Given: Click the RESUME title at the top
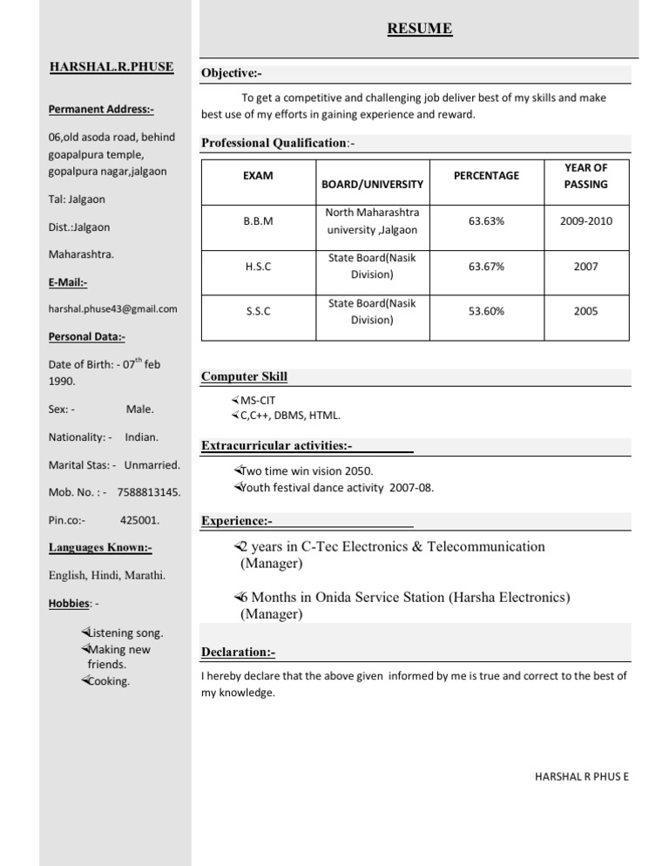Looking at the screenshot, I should [x=420, y=30].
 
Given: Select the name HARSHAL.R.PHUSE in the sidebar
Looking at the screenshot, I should [x=111, y=66].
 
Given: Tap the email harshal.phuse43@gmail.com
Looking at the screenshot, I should [x=113, y=308].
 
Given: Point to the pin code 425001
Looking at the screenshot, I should [x=139, y=520].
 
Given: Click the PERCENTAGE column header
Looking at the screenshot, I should [x=485, y=176].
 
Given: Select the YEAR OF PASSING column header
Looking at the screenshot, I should [x=586, y=176].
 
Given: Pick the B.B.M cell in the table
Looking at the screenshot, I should [x=258, y=221].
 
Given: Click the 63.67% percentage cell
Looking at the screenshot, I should [x=485, y=267].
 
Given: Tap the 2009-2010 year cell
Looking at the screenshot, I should [x=586, y=221].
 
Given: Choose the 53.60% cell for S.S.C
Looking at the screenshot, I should [x=485, y=311].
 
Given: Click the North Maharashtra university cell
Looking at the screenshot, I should [x=372, y=221].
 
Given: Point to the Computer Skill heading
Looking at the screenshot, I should [x=244, y=377].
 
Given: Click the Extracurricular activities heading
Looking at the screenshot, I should [x=276, y=446].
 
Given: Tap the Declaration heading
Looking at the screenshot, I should [x=238, y=652].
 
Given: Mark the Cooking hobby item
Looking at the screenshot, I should [x=109, y=681].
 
